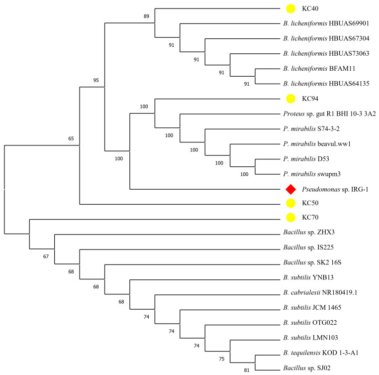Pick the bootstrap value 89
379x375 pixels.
[x=146, y=16]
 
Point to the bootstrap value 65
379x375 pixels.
[x=71, y=138]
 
